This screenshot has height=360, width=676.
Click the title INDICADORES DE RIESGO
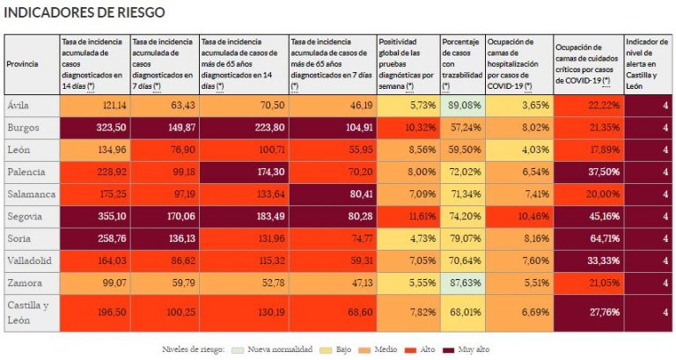[x=84, y=12]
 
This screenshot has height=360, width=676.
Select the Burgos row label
[x=23, y=128]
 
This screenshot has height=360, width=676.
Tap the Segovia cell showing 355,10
[x=112, y=216]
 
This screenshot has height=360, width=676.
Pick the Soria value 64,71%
[x=605, y=239]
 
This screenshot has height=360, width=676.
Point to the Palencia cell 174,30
[x=271, y=172]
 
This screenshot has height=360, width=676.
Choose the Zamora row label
[x=25, y=283]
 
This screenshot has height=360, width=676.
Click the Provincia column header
[x=22, y=63]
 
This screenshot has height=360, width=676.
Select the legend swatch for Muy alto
[x=449, y=349]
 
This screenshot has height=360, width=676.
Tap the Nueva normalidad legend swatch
[x=238, y=349]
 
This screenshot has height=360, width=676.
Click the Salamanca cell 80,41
[x=361, y=194]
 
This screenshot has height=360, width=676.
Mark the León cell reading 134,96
[x=112, y=150]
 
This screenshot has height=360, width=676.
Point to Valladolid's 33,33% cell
[x=605, y=261]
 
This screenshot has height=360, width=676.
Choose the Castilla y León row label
[x=28, y=312]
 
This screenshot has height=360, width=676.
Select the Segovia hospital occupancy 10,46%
[x=533, y=216]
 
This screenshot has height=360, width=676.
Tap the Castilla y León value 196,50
[x=112, y=312]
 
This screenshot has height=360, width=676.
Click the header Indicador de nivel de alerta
[x=647, y=63]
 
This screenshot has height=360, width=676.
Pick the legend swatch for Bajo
[x=326, y=349]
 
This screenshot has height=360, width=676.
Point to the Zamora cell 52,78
[x=273, y=283]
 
